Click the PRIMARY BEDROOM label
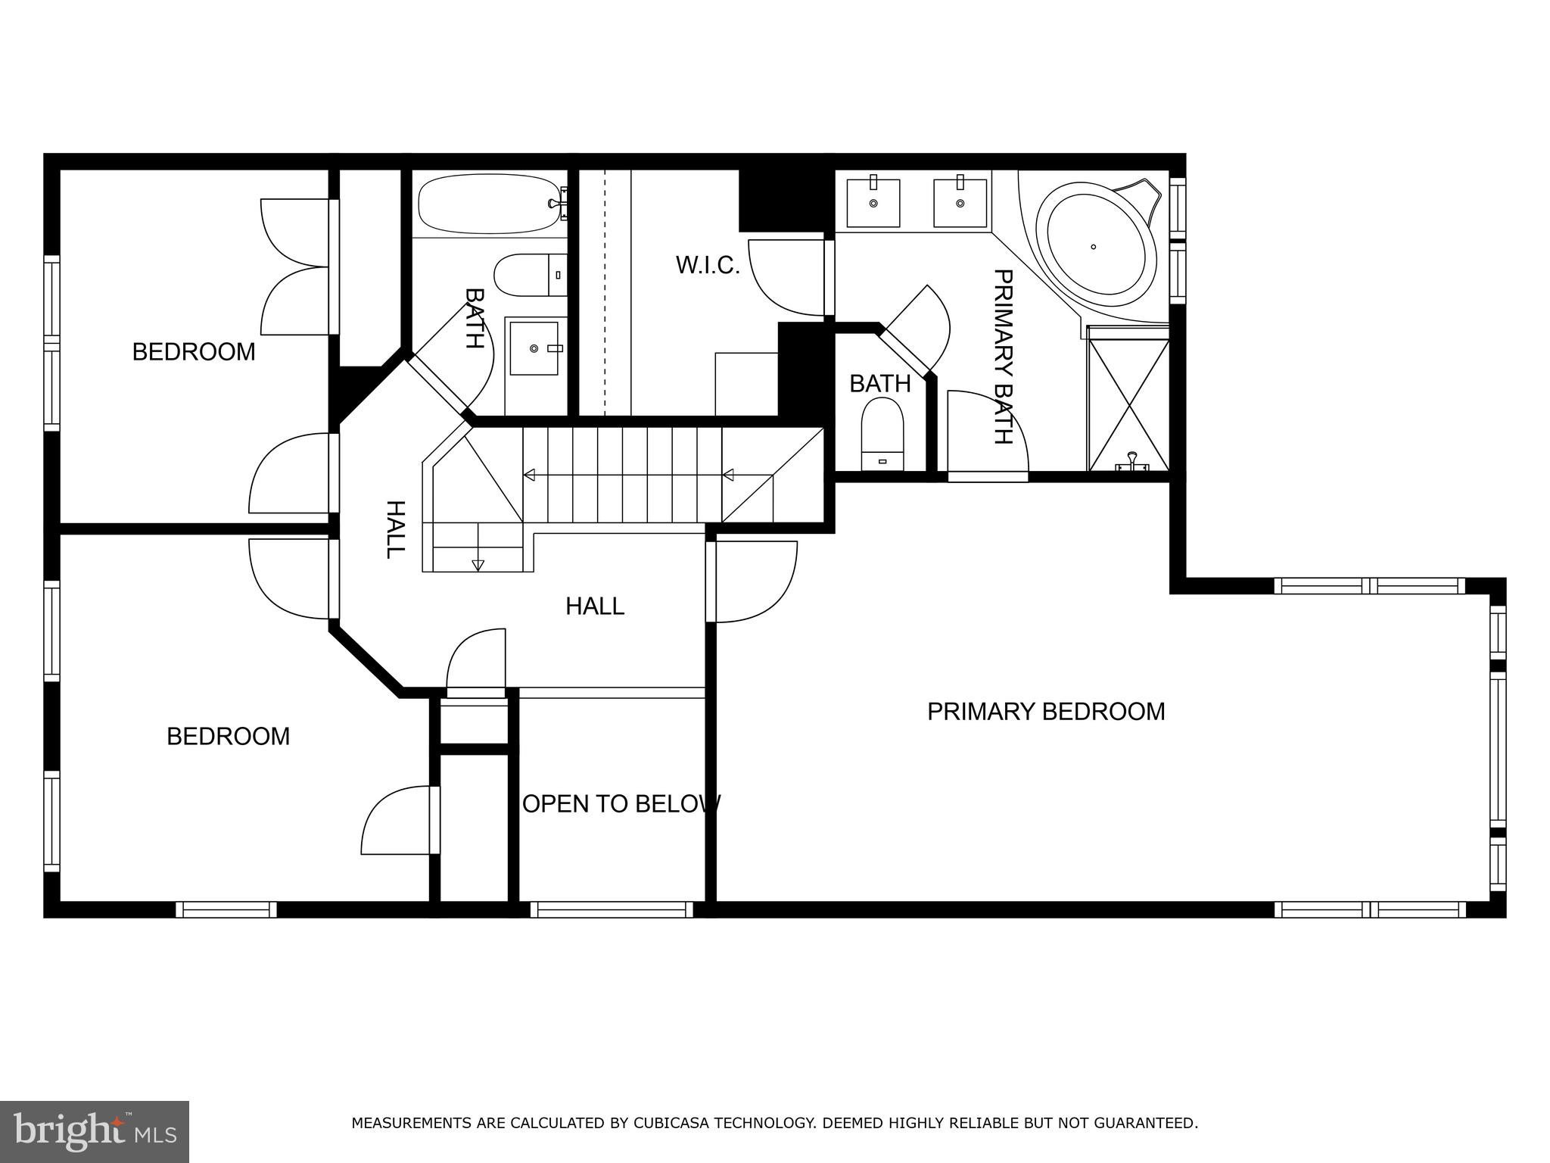(1045, 712)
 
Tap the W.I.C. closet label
(707, 266)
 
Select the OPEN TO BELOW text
(621, 803)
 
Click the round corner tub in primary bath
(1101, 246)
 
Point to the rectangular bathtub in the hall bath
(487, 204)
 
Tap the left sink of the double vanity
(873, 203)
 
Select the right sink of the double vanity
(960, 203)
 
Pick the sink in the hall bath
(534, 348)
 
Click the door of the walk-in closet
(787, 277)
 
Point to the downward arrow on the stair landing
(478, 564)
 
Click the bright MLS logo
(95, 1132)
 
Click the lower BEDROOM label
(228, 737)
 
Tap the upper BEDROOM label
(194, 352)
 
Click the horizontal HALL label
(595, 606)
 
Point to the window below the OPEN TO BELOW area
(612, 909)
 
